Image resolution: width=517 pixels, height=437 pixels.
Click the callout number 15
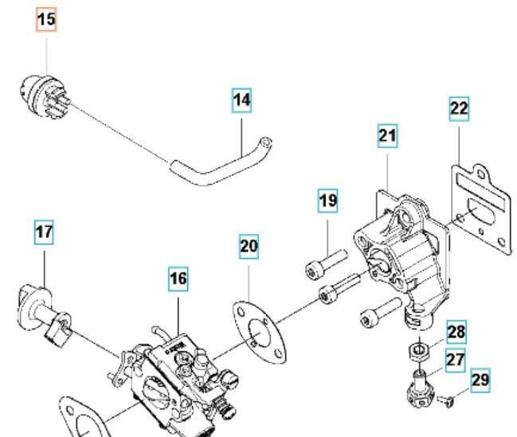click(x=47, y=19)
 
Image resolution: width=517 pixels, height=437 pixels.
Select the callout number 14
click(x=242, y=100)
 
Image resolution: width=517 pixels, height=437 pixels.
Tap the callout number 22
click(x=459, y=108)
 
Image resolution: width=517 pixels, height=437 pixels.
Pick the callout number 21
click(x=387, y=136)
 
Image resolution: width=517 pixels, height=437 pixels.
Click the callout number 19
click(x=327, y=201)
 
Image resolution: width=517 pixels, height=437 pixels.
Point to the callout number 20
click(x=249, y=247)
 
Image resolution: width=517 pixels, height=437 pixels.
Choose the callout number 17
click(x=44, y=233)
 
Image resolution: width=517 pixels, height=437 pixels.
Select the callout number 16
click(x=178, y=278)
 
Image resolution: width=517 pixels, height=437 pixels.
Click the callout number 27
click(x=455, y=360)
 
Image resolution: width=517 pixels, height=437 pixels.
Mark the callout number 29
click(x=480, y=380)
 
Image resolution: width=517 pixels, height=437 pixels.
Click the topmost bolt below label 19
click(x=325, y=262)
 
